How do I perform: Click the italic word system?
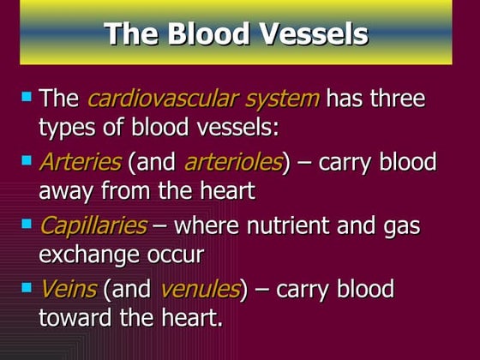276,98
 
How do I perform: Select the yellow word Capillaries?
92,226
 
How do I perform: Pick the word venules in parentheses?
200,290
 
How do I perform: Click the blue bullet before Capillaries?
26,224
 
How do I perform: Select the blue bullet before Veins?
26,287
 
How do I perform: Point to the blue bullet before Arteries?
26,159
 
